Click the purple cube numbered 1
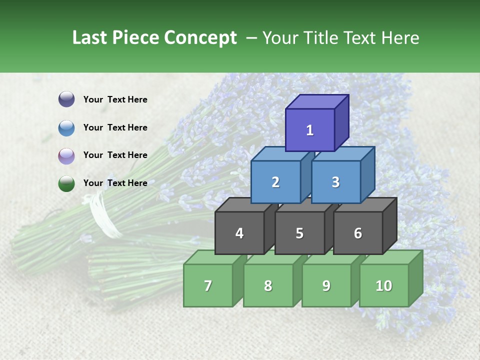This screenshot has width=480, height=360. tap(310, 130)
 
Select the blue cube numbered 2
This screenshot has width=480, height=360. tap(275, 182)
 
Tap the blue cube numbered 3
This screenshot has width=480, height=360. tap(335, 182)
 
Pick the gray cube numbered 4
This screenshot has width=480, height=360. tap(239, 233)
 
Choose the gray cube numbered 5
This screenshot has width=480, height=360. tap(299, 233)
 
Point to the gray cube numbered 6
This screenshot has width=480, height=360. tap(358, 233)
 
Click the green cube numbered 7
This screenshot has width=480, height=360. tap(208, 285)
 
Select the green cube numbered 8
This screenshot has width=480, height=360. tap(268, 285)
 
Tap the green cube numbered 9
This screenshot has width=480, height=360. tap(326, 285)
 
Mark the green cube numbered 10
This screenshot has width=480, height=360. tap(384, 285)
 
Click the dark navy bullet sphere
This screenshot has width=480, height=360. tap(66, 99)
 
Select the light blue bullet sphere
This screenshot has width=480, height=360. tap(66, 127)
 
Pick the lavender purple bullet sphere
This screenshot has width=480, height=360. tap(66, 155)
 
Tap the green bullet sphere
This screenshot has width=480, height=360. tap(66, 183)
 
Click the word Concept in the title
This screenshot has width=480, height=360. tap(200, 38)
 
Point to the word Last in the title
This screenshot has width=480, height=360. tap(91, 38)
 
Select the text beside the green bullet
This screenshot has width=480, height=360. tap(115, 183)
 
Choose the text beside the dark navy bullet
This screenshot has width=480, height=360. tap(115, 99)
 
